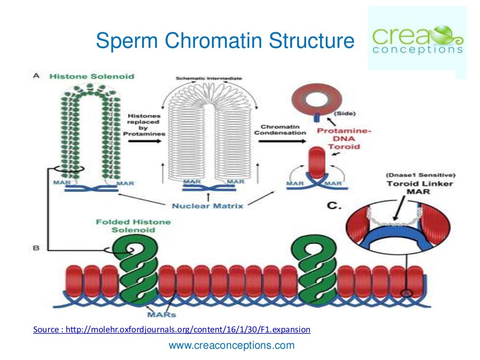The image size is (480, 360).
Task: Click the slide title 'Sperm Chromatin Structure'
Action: pyautogui.click(x=225, y=41)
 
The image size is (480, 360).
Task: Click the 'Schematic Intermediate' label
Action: pyautogui.click(x=208, y=78)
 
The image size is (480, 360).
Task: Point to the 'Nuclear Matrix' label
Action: pyautogui.click(x=207, y=205)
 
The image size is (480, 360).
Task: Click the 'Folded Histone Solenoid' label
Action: pyautogui.click(x=133, y=226)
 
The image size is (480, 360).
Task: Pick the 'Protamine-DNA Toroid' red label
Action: pyautogui.click(x=345, y=139)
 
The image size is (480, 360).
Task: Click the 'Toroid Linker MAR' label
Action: pyautogui.click(x=420, y=187)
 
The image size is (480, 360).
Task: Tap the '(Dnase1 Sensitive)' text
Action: pyautogui.click(x=420, y=175)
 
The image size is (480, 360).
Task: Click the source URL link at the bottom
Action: pyautogui.click(x=172, y=330)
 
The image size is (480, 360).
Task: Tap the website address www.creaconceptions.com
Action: pyautogui.click(x=232, y=346)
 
